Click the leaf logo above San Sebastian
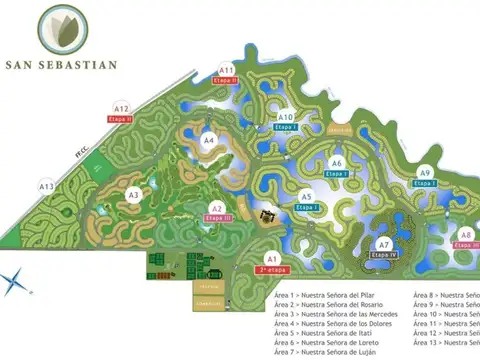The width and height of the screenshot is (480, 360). [x=61, y=30]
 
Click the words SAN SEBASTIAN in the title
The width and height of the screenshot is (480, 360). [x=61, y=65]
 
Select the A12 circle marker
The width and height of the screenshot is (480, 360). [x=121, y=108]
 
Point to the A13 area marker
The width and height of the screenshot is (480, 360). [x=46, y=186]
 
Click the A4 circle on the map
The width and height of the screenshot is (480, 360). [x=209, y=141]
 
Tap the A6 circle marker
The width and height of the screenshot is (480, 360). [x=337, y=163]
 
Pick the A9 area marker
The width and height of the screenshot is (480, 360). [x=425, y=172]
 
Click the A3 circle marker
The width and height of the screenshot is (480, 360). [x=134, y=195]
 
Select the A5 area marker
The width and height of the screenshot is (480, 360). [x=307, y=196]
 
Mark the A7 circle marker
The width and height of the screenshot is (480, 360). [x=384, y=245]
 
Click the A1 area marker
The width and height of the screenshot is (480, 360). [x=270, y=258]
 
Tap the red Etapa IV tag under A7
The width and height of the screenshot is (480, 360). [x=385, y=255]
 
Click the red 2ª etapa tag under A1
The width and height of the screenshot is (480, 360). [x=270, y=269]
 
